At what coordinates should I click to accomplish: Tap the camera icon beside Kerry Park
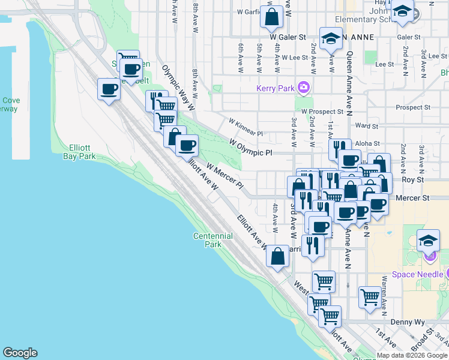click(x=304, y=88)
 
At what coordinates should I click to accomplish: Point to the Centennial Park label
click(x=207, y=240)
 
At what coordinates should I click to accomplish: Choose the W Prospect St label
click(x=322, y=112)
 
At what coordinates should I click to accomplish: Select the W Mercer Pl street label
click(x=224, y=175)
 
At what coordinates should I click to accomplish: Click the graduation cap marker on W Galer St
click(x=330, y=38)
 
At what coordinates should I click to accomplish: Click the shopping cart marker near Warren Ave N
click(x=370, y=296)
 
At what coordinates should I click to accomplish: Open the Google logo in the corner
click(x=20, y=353)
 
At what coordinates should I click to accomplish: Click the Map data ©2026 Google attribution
click(x=412, y=355)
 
